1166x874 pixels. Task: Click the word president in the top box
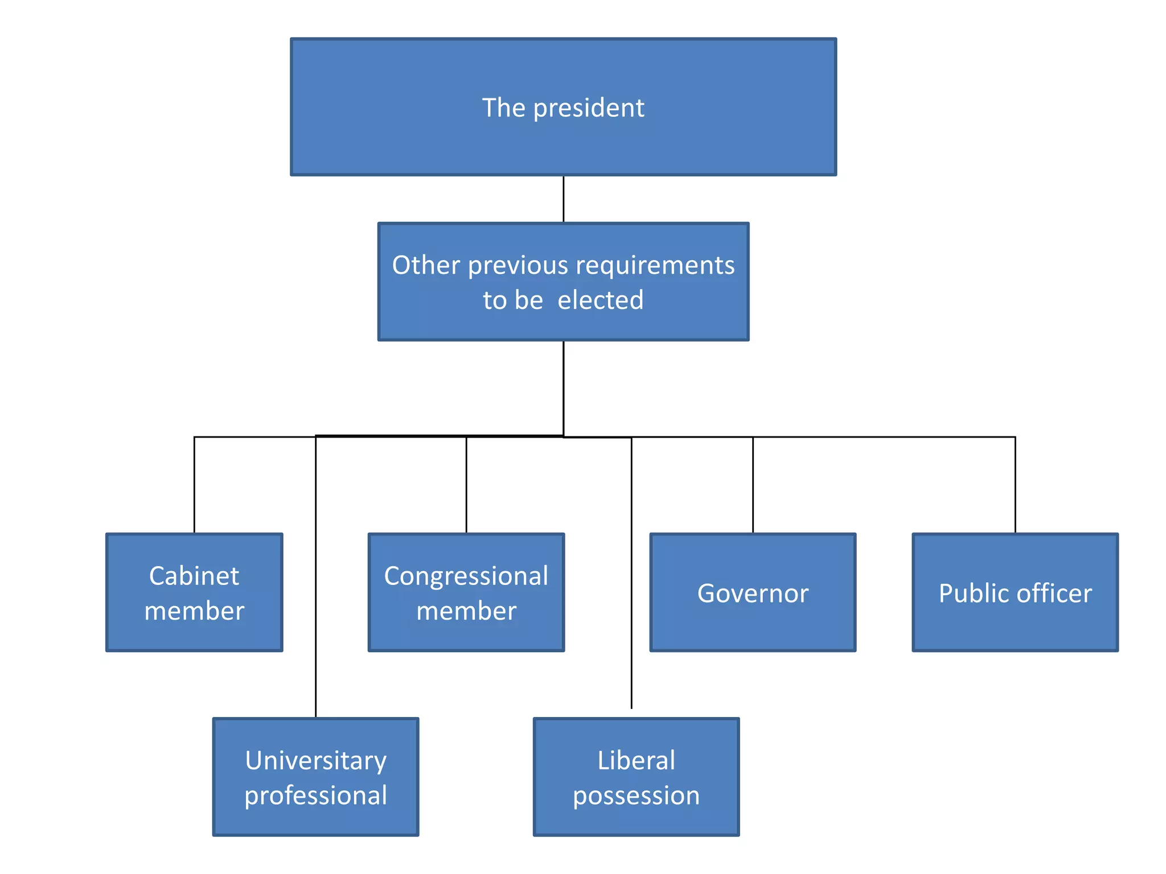pos(588,108)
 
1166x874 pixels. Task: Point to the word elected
pos(600,300)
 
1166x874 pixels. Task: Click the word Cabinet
pos(194,576)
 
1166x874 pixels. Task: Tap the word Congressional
pos(466,576)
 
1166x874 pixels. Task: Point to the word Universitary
pos(315,761)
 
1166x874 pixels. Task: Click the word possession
pos(636,795)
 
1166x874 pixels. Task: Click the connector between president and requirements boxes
pos(563,199)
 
